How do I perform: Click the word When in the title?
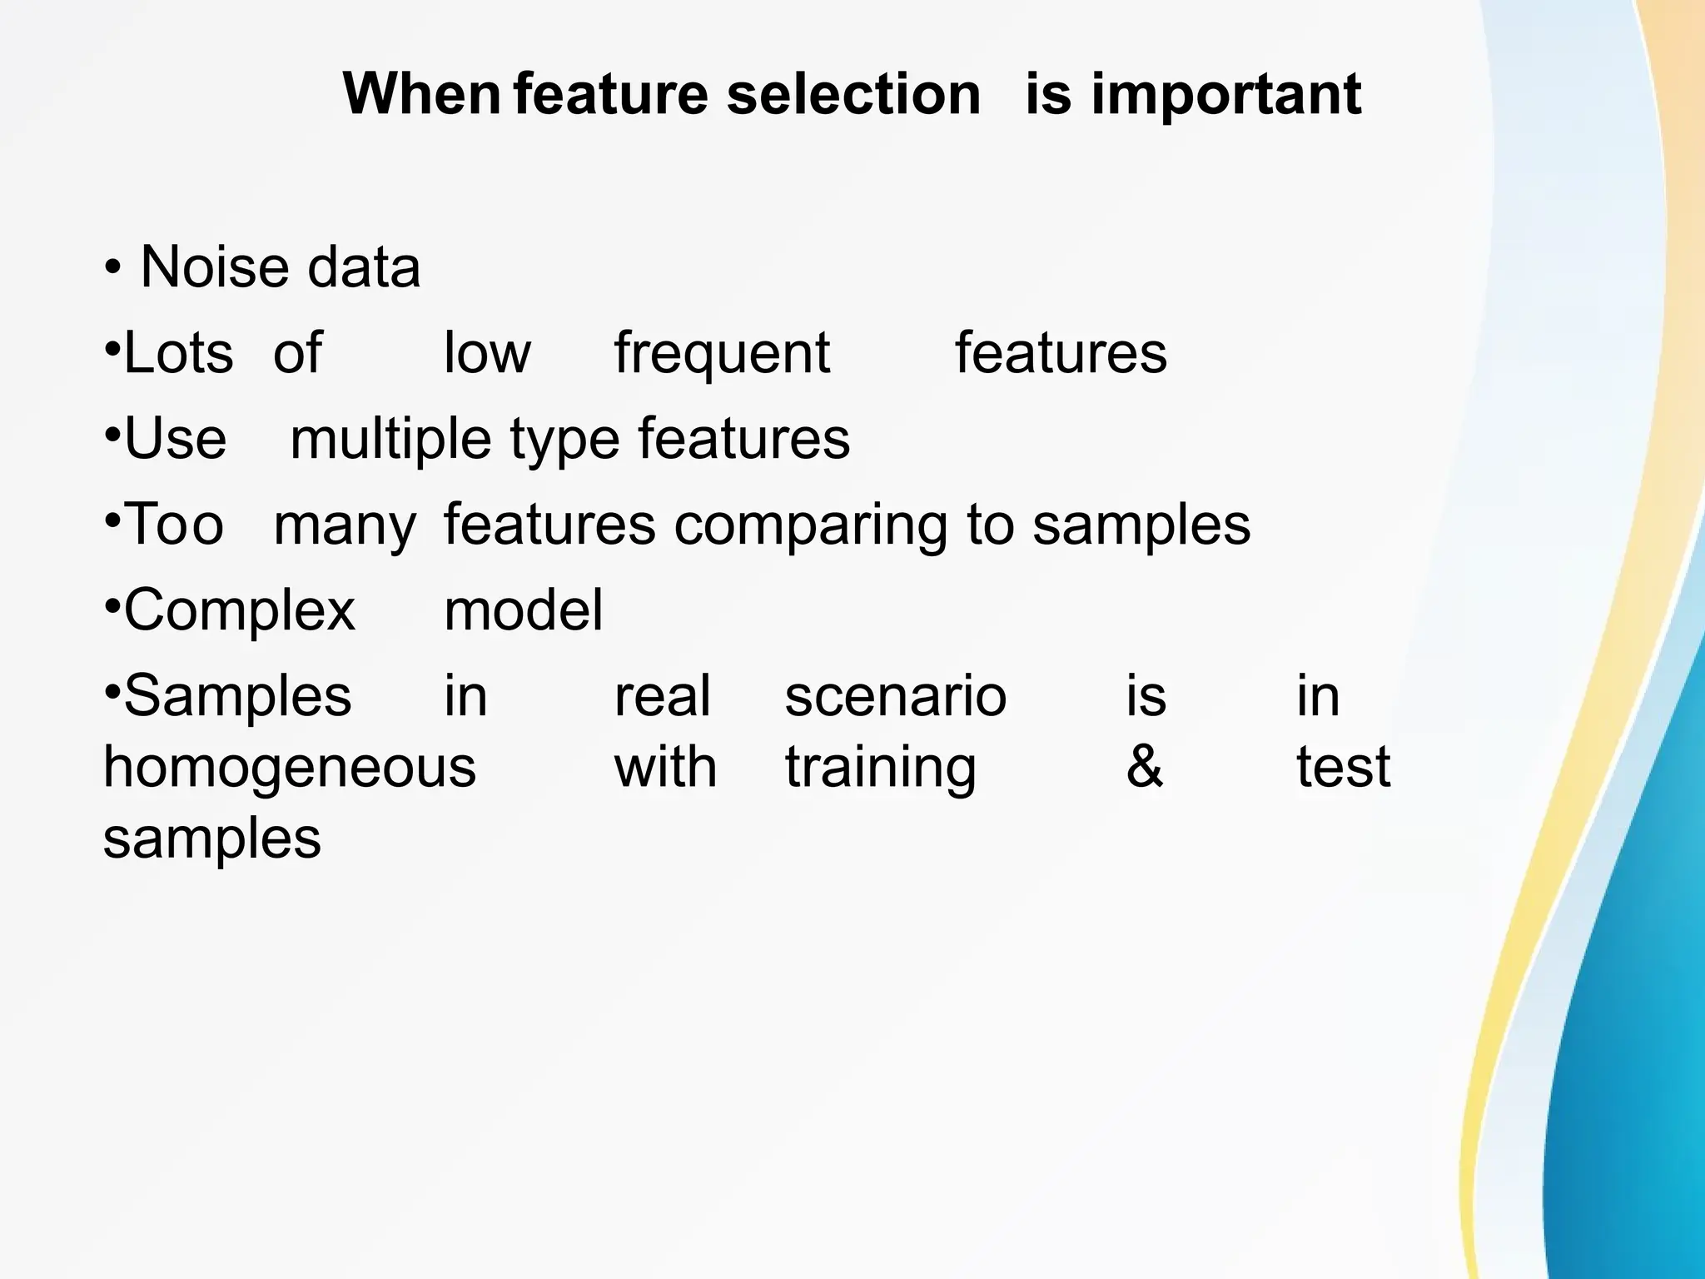coord(421,93)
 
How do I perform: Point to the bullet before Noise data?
coord(112,269)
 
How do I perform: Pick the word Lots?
coord(178,353)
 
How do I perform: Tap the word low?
coord(487,353)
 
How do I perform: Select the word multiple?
coord(390,441)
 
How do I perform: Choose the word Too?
coord(174,525)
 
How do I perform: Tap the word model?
coord(523,610)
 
